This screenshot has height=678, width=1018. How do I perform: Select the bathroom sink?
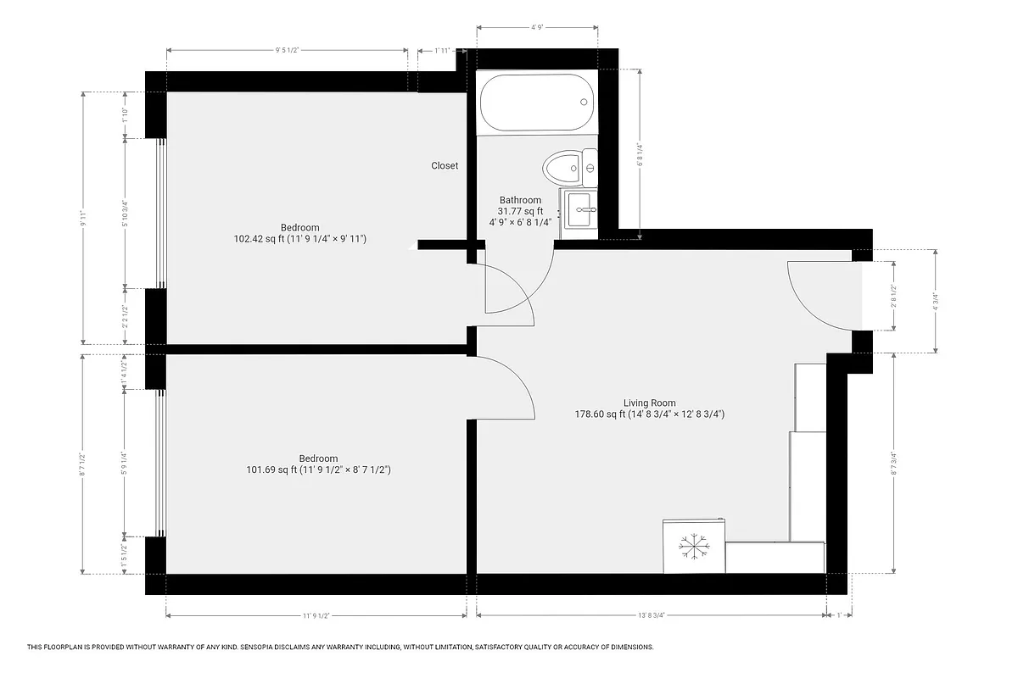pos(580,208)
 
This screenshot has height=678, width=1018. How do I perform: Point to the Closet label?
pos(445,166)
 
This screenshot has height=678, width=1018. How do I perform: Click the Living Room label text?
pos(649,403)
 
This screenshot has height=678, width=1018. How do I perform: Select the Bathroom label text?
pos(520,200)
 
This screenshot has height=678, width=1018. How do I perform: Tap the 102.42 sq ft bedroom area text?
pos(299,239)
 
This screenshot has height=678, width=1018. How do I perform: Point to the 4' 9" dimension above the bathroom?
pos(537,28)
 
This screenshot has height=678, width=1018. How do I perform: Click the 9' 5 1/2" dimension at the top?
pos(287,51)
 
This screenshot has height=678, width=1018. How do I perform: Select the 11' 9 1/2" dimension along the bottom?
pos(316,616)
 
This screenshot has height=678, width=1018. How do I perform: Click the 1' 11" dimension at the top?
pos(442,51)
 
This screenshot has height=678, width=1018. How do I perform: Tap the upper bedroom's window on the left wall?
pos(159,214)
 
